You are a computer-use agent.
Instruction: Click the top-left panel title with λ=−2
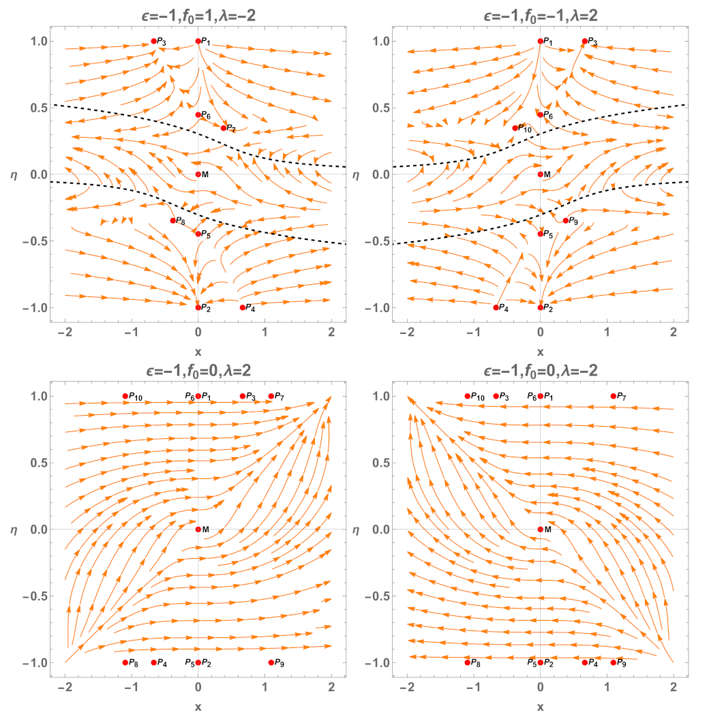pyautogui.click(x=198, y=12)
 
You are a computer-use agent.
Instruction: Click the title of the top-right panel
pyautogui.click(x=540, y=12)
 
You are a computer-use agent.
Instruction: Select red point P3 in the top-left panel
pyautogui.click(x=154, y=41)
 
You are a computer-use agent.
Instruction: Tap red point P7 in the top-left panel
pyautogui.click(x=224, y=127)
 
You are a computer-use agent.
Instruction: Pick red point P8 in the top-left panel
pyautogui.click(x=172, y=220)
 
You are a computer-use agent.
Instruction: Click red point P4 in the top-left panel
pyautogui.click(x=243, y=307)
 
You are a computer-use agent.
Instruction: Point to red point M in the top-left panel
pyautogui.click(x=198, y=174)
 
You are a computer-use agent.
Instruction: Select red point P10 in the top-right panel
pyautogui.click(x=515, y=127)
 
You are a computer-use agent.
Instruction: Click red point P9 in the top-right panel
pyautogui.click(x=566, y=220)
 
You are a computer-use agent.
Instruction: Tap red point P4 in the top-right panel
pyautogui.click(x=496, y=307)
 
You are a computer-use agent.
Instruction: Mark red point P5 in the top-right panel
pyautogui.click(x=541, y=234)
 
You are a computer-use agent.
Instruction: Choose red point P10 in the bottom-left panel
pyautogui.click(x=125, y=396)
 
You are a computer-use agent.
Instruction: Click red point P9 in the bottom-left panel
pyautogui.click(x=271, y=662)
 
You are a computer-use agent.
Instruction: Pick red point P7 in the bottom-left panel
pyautogui.click(x=271, y=396)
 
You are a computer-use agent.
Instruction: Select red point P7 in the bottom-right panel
pyautogui.click(x=614, y=396)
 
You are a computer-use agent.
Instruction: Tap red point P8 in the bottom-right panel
pyautogui.click(x=468, y=662)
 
